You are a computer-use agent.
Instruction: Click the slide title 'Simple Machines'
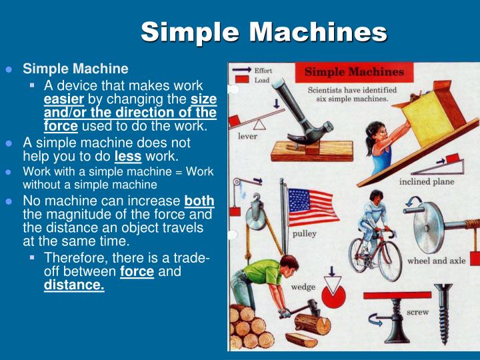pyautogui.click(x=264, y=32)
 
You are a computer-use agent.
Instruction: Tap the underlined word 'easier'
pyautogui.click(x=61, y=99)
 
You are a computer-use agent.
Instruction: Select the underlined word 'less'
pyautogui.click(x=127, y=156)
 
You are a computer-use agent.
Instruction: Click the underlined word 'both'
pyautogui.click(x=199, y=201)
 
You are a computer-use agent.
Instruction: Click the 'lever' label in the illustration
pyautogui.click(x=247, y=136)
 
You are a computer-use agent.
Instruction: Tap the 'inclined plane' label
pyautogui.click(x=427, y=181)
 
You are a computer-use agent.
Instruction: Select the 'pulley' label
pyautogui.click(x=305, y=234)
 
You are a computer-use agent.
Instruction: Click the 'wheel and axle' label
pyautogui.click(x=437, y=260)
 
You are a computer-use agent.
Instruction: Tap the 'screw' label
pyautogui.click(x=418, y=311)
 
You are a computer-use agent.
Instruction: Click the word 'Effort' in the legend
pyautogui.click(x=263, y=70)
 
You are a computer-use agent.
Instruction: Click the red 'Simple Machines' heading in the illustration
pyautogui.click(x=354, y=72)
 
